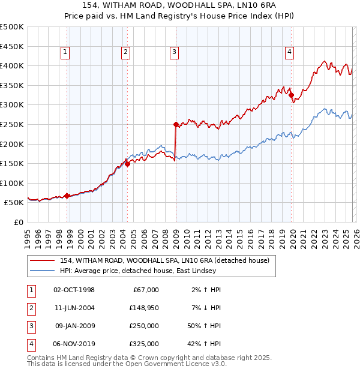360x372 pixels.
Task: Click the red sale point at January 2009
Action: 176,125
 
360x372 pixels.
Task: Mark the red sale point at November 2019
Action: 291,95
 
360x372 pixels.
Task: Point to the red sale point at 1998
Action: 67,196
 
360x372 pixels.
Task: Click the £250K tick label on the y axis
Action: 12,124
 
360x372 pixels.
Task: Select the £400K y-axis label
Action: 12,65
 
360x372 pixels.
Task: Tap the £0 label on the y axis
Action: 18,222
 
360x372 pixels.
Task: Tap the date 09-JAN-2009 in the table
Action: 74,326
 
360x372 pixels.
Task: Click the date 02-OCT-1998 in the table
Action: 74,290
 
